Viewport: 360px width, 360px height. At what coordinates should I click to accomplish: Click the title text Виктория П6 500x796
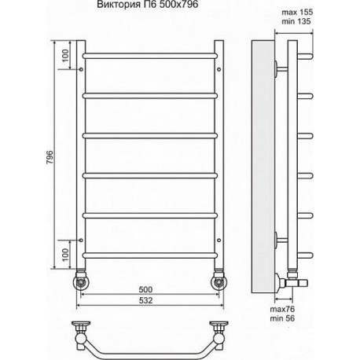(x=148, y=5)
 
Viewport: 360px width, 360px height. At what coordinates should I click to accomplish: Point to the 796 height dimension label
(x=50, y=157)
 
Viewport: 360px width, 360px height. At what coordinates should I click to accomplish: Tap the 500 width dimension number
(x=145, y=289)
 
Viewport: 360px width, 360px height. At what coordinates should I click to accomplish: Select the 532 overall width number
(x=145, y=300)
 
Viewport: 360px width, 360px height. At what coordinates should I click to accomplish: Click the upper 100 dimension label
(x=65, y=55)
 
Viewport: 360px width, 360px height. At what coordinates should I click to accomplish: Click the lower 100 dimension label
(x=65, y=255)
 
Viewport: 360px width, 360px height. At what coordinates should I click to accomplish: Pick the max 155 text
(x=297, y=12)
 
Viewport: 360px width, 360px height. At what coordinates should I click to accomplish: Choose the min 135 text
(x=296, y=21)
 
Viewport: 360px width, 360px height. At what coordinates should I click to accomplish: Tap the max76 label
(x=282, y=309)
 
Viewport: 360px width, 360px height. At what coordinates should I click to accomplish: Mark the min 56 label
(x=282, y=318)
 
